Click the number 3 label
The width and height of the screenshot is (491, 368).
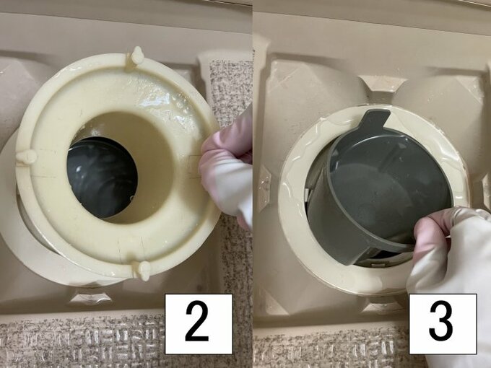[442, 323]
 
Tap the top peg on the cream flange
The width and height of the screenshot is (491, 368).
[135, 56]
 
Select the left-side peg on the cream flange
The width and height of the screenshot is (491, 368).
[26, 156]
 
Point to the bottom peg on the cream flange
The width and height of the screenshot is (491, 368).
[143, 270]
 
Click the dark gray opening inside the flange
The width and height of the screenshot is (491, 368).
[102, 177]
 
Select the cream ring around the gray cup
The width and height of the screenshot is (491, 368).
[296, 216]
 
